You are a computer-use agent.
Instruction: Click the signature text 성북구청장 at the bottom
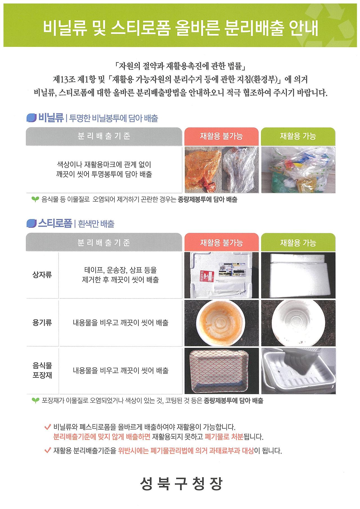(x=181, y=483)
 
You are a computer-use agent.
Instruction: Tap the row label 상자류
(x=42, y=275)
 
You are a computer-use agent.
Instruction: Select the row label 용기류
(x=42, y=323)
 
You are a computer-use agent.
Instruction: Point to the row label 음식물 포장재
(x=42, y=370)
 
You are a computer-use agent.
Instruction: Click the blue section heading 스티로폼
(x=55, y=224)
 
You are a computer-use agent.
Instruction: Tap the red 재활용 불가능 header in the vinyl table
(x=221, y=136)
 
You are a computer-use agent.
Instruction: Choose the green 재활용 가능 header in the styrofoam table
(x=298, y=242)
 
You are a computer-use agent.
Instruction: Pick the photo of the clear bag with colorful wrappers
(x=298, y=170)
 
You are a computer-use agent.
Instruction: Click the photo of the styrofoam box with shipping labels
(x=221, y=275)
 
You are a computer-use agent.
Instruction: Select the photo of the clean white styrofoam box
(x=298, y=275)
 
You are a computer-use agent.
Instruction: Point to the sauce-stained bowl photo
(x=221, y=323)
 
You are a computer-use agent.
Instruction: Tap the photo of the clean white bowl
(x=298, y=323)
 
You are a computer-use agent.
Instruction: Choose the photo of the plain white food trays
(x=298, y=370)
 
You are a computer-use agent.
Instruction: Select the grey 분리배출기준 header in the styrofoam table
(x=104, y=242)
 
